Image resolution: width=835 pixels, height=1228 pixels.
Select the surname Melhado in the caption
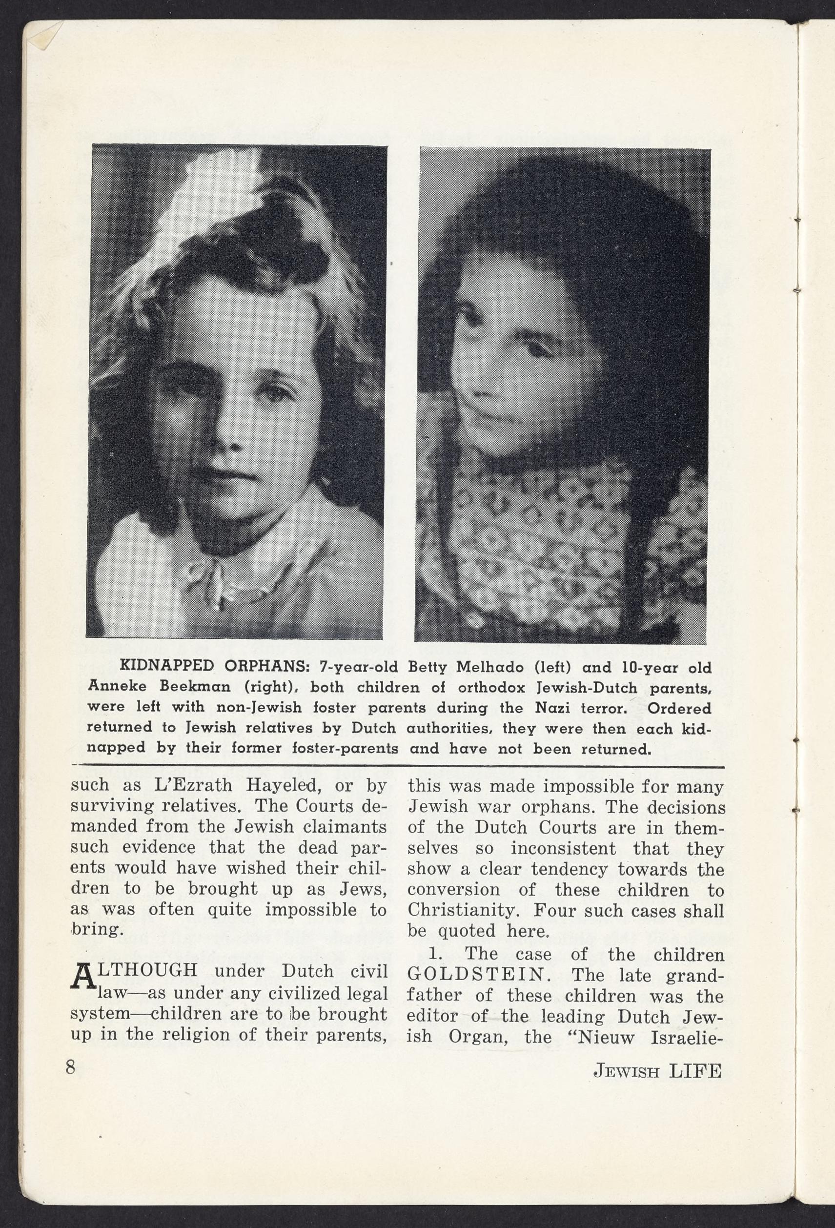(484, 667)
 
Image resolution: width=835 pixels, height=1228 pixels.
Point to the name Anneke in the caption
(114, 687)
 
